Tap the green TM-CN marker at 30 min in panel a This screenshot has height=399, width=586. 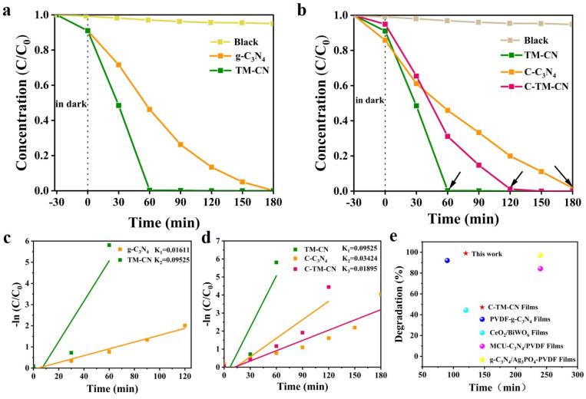pos(118,105)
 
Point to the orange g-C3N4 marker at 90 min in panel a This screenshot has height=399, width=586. pos(180,144)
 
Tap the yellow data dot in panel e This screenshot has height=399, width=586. pos(541,256)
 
